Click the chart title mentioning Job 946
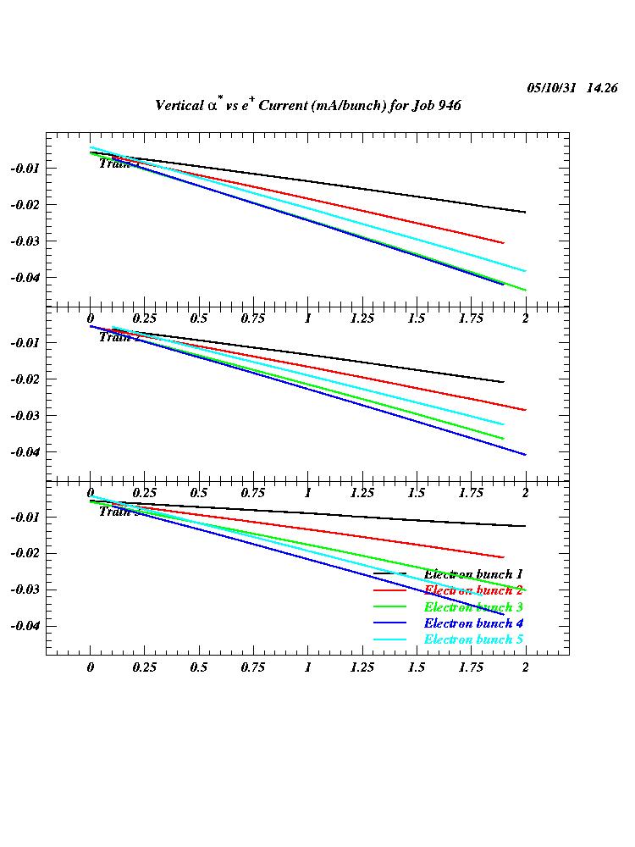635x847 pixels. pos(307,106)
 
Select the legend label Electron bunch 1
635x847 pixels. pos(473,575)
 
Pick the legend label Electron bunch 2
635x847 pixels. pos(473,590)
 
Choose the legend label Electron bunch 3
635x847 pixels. pos(473,607)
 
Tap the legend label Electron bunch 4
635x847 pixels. pos(473,623)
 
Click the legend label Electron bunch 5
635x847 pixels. pos(473,639)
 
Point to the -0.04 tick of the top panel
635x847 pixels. pos(25,278)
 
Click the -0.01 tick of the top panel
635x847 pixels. pos(25,169)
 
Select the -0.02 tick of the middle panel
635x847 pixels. pos(25,379)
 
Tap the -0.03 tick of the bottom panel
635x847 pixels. pos(25,590)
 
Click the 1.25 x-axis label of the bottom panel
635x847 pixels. pos(362,667)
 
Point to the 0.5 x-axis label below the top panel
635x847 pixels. pos(199,318)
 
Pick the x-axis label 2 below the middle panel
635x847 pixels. pos(525,493)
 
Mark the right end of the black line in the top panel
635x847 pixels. pos(526,212)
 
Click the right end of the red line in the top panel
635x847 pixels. pos(504,243)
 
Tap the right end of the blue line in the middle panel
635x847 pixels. pos(526,455)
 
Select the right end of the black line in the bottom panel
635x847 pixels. pos(526,526)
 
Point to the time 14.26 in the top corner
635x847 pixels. pos(601,88)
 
